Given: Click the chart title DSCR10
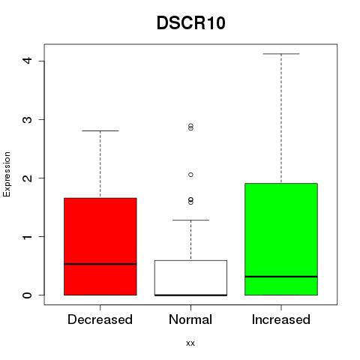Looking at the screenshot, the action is click(191, 22).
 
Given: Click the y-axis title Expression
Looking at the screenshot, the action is click(7, 174).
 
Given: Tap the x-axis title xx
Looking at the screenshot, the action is click(190, 343).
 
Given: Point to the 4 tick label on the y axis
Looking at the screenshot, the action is click(27, 60).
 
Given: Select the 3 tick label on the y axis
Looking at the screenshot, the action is click(27, 119).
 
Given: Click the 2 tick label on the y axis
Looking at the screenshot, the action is click(27, 178).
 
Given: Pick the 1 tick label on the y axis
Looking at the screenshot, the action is click(27, 236).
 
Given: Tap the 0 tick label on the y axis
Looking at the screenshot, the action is click(27, 295).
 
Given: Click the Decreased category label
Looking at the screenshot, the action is click(100, 319).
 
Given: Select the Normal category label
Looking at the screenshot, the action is click(190, 319).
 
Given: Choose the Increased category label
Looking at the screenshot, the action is click(281, 319).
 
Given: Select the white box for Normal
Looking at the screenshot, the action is click(190, 277).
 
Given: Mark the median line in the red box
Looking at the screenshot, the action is click(100, 264).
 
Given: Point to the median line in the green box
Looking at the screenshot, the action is click(281, 277).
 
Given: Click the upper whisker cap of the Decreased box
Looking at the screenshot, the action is click(100, 130).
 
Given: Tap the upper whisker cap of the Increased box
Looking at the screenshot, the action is click(281, 54).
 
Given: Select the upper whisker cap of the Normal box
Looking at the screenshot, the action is click(190, 220).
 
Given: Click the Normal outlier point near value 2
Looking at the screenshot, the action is click(190, 175).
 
